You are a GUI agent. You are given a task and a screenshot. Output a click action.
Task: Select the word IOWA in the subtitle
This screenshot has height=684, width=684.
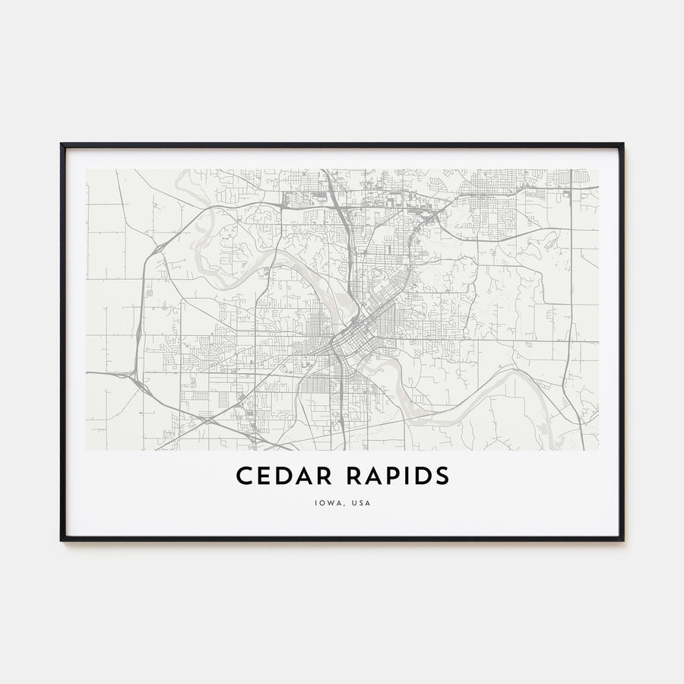324,502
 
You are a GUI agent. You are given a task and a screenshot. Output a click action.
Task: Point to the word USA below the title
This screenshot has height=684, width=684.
362,502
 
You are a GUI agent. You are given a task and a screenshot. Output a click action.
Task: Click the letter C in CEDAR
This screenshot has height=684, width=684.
244,476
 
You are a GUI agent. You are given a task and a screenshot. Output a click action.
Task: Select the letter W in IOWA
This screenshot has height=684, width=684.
328,502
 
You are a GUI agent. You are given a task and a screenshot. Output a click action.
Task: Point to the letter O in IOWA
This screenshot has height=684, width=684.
319,502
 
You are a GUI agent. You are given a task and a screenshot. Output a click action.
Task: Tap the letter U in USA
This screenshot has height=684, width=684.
353,502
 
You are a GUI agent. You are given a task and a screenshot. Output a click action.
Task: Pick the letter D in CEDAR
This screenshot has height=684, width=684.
279,476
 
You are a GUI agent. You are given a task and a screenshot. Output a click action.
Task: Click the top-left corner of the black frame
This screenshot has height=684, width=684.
62,144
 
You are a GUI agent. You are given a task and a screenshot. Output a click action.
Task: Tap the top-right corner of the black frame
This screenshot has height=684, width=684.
622,144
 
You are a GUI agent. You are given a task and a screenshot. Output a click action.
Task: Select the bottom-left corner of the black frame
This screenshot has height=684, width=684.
62,540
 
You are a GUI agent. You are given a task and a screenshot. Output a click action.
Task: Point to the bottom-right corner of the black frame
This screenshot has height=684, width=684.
622,540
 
